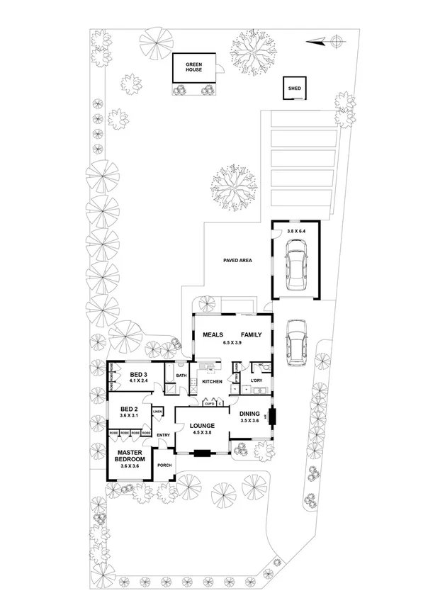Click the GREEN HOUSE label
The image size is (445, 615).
click(x=194, y=67)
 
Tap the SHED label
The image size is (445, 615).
click(x=294, y=89)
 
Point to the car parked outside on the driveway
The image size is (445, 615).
click(x=296, y=341)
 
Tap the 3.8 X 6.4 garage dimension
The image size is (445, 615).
click(x=298, y=231)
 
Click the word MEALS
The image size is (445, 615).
click(x=213, y=334)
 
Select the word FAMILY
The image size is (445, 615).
click(x=251, y=334)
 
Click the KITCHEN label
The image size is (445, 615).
click(x=212, y=382)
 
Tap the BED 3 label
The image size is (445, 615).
click(x=138, y=375)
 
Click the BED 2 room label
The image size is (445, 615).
click(x=129, y=409)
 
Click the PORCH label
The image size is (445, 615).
click(x=164, y=466)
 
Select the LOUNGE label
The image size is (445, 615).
click(x=202, y=425)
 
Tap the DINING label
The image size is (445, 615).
click(x=249, y=413)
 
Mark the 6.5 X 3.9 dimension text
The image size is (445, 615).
click(x=232, y=343)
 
